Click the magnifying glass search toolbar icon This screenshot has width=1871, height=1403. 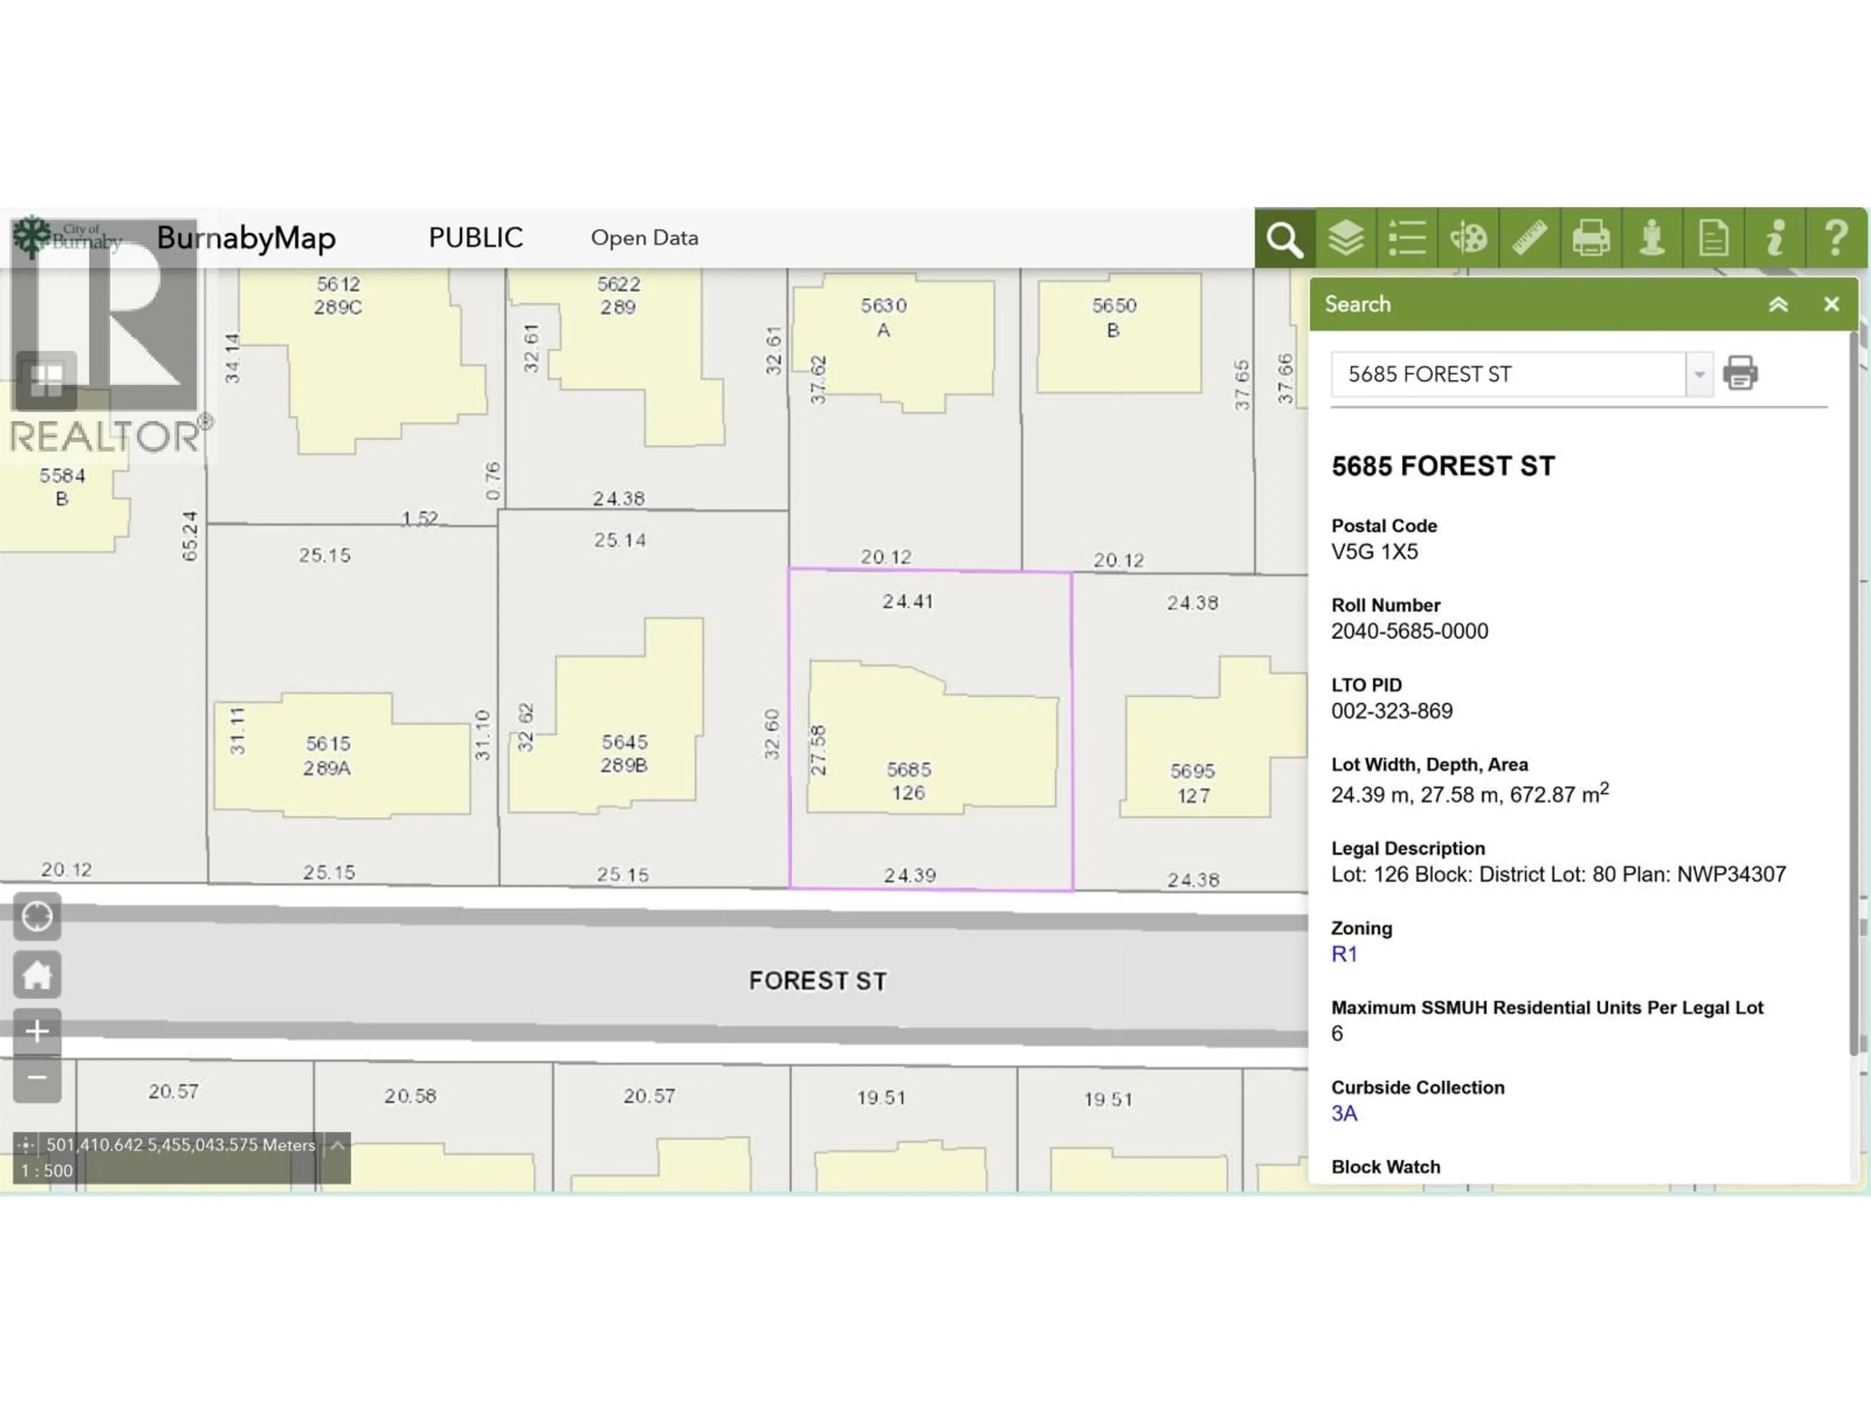click(x=1284, y=239)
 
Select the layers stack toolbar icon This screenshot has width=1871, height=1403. click(x=1345, y=239)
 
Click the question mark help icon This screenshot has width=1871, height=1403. click(x=1835, y=239)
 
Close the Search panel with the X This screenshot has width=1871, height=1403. click(x=1831, y=304)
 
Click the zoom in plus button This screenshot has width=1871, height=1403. click(x=37, y=1031)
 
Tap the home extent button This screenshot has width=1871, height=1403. click(x=37, y=974)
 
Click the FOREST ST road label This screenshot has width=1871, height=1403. click(x=817, y=981)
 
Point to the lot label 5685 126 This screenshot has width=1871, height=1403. click(x=908, y=780)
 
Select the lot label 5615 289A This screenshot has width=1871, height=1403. click(x=327, y=755)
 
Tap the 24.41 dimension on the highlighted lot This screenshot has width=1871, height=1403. click(x=908, y=601)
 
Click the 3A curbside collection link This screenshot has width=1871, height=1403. click(x=1344, y=1113)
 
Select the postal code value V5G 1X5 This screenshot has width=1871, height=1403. click(x=1375, y=552)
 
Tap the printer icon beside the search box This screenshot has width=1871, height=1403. click(x=1740, y=373)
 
